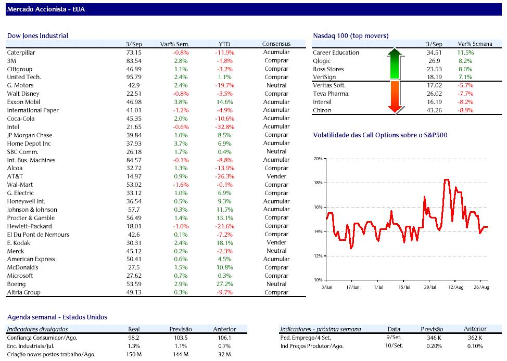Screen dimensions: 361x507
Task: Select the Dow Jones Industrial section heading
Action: (x=37, y=36)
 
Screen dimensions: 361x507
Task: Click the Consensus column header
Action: (x=276, y=44)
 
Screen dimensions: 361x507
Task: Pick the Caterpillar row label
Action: (x=21, y=53)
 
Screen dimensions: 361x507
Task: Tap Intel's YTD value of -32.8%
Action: (x=225, y=127)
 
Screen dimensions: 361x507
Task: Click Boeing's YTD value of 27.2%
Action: (x=225, y=285)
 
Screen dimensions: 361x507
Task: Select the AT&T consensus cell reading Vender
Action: (x=276, y=176)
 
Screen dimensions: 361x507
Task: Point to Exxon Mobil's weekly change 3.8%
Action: (x=181, y=102)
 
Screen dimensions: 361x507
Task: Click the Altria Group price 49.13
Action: (x=134, y=292)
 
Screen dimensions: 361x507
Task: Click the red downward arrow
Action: (x=395, y=97)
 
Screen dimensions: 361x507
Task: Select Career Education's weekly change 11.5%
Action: (x=465, y=53)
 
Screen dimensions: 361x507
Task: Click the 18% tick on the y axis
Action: (x=319, y=183)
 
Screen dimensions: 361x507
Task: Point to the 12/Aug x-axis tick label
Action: (x=455, y=287)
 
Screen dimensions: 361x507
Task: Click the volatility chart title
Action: (x=380, y=135)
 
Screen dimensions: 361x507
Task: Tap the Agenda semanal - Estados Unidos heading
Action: (x=57, y=317)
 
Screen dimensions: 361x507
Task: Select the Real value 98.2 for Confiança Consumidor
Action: (x=134, y=338)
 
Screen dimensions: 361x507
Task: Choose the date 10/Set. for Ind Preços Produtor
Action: (x=394, y=346)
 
